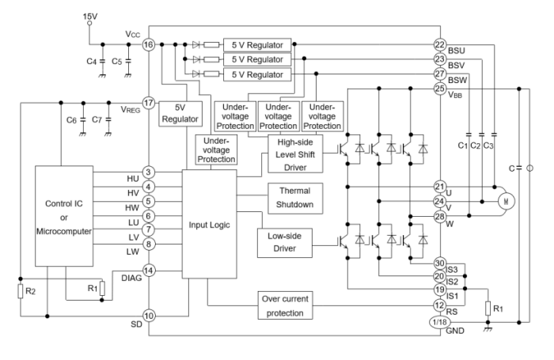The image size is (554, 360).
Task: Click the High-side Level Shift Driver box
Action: click(295, 153)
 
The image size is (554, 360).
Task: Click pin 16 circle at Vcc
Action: click(148, 45)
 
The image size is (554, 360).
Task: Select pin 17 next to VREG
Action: click(148, 102)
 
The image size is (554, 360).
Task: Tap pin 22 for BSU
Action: click(440, 44)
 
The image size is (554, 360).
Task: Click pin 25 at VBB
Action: click(440, 89)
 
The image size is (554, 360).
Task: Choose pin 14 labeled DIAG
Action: click(148, 270)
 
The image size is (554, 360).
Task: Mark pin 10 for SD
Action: click(148, 316)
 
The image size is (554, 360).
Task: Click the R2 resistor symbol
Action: click(20, 292)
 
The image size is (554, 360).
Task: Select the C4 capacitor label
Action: click(89, 61)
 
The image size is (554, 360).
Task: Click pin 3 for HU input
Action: click(148, 172)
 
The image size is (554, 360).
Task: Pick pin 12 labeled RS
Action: click(440, 305)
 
